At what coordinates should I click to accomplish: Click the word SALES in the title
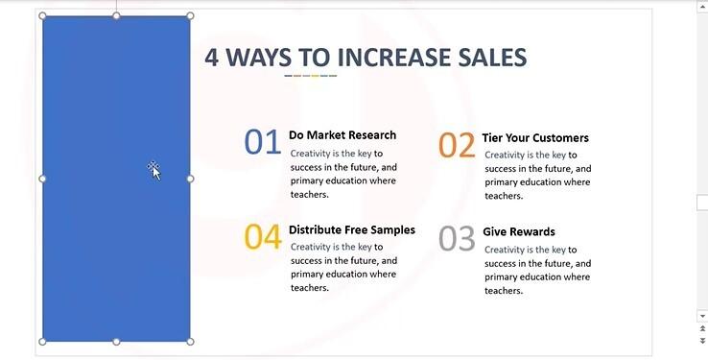click(x=490, y=57)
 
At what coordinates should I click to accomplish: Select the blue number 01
click(x=262, y=142)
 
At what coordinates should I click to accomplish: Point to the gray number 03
click(x=458, y=239)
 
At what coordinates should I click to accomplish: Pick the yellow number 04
click(x=262, y=237)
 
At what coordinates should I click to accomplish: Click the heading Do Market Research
click(x=342, y=135)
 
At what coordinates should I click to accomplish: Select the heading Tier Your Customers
click(x=535, y=138)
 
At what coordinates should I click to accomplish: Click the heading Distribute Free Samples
click(x=352, y=230)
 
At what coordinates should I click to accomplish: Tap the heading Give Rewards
click(x=519, y=232)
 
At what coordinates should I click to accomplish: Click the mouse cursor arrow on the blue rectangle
click(x=155, y=172)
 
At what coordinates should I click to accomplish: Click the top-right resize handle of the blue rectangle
click(x=190, y=16)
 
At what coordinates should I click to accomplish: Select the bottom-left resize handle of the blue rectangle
click(x=42, y=341)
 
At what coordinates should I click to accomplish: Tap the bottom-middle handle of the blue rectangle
click(x=116, y=341)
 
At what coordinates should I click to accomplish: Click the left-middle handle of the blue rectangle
click(x=42, y=179)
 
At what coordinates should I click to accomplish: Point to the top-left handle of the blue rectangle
click(x=42, y=16)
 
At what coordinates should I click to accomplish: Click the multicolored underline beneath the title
click(x=311, y=76)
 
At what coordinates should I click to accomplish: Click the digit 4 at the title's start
click(x=212, y=57)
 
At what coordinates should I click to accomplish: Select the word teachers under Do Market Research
click(x=309, y=194)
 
